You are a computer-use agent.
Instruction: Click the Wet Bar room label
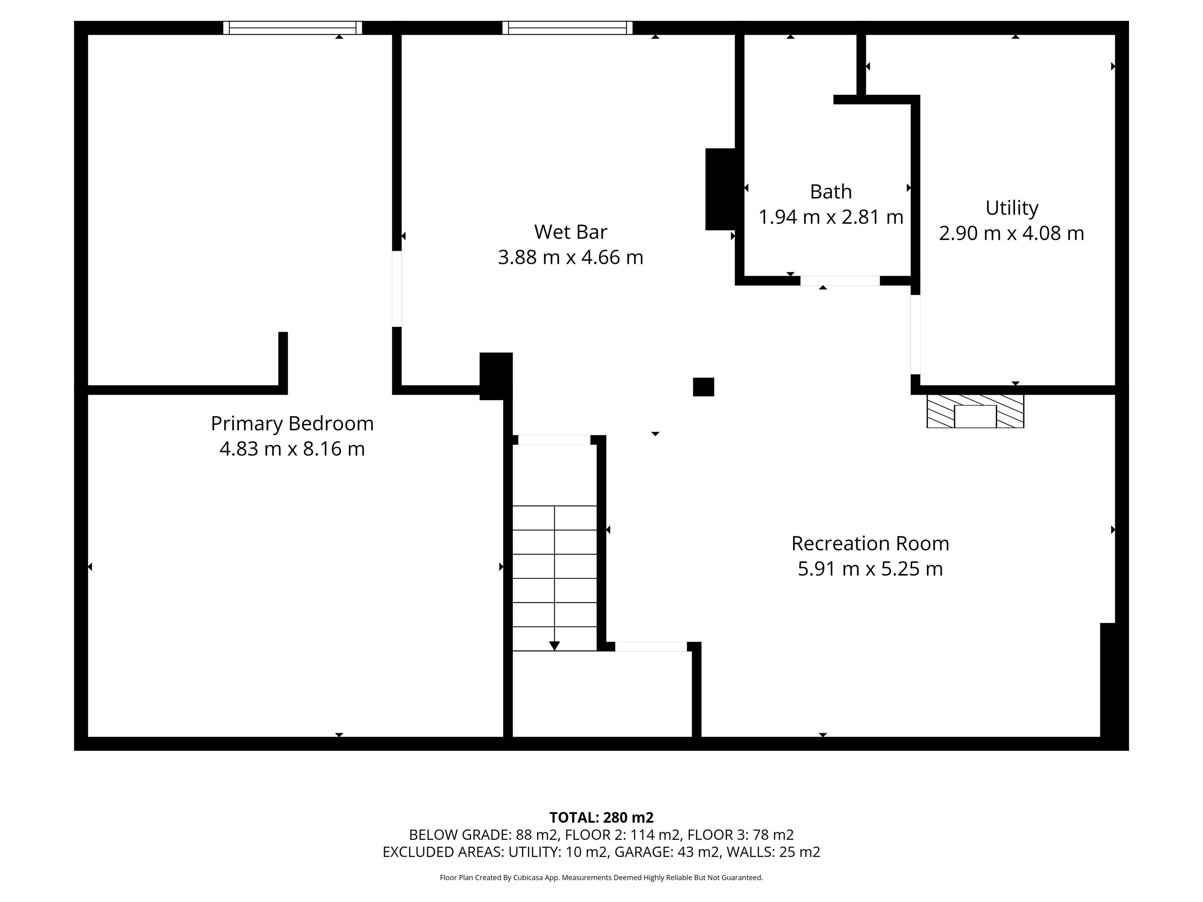click(571, 232)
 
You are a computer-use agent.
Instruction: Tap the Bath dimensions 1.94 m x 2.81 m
click(831, 217)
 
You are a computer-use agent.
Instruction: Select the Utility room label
click(1012, 208)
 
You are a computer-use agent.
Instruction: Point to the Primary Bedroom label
click(292, 424)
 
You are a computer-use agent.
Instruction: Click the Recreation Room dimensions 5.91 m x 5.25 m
click(870, 569)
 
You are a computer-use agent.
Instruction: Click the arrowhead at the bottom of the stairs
click(554, 645)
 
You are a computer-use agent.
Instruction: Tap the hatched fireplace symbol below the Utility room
click(975, 411)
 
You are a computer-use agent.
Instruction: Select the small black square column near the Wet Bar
click(703, 387)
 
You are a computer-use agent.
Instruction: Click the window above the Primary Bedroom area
click(293, 28)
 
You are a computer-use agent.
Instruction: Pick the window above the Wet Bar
click(567, 28)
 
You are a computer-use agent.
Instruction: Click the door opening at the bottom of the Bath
click(840, 281)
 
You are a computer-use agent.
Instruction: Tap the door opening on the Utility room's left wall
click(915, 334)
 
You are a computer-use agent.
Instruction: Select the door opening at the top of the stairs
click(554, 440)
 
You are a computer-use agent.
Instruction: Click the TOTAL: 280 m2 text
click(601, 817)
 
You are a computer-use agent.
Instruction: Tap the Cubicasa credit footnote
click(601, 878)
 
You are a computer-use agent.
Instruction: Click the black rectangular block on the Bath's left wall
click(721, 189)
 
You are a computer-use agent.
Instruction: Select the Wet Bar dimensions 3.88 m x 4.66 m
click(571, 257)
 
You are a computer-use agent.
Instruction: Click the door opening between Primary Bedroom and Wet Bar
click(397, 289)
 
